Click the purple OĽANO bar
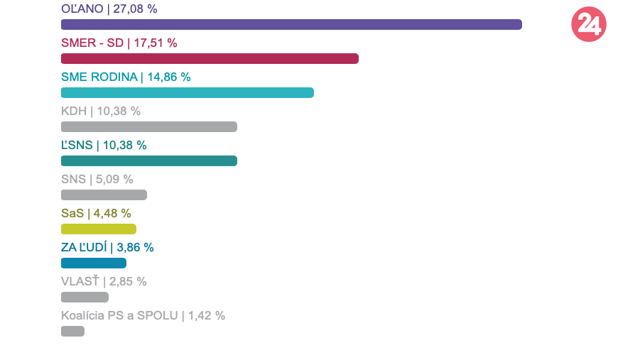pos(291,24)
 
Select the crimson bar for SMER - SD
pos(210,58)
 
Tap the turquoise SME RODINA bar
pos(187,92)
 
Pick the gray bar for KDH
pos(148,126)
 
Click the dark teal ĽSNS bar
pos(148,160)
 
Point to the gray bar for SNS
pos(104,195)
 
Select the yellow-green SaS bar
pos(98,229)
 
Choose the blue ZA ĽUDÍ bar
pos(93,263)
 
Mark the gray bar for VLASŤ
pos(85,297)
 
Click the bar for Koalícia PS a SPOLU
pos(72,331)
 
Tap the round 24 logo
pos(588,25)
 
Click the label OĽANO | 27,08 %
pos(109,9)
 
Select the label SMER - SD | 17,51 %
pos(119,43)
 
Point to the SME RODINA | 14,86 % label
pos(126,77)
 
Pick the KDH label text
pos(101,111)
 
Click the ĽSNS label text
pos(104,146)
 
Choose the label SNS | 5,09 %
pos(97,180)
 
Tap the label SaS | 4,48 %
pos(96,214)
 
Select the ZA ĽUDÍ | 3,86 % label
pos(107,248)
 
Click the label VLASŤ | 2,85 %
pos(104,282)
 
